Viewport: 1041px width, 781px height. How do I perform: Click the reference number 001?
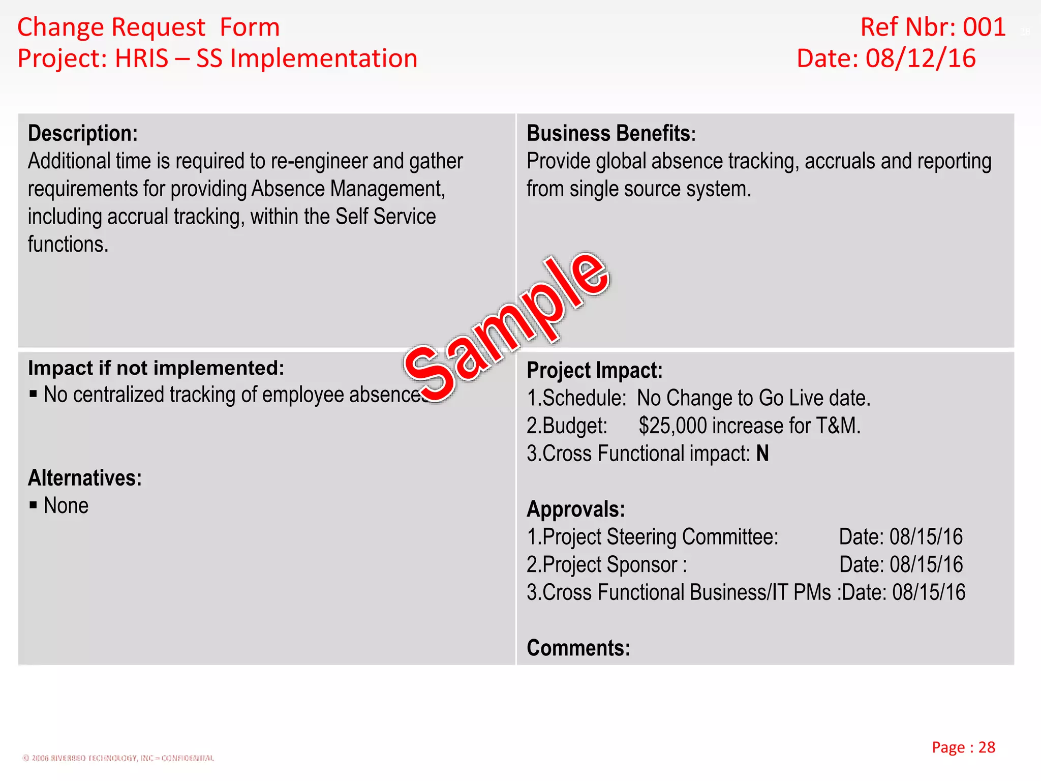[984, 27]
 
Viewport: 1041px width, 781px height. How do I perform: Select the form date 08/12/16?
[921, 59]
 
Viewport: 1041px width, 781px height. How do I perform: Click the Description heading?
[83, 134]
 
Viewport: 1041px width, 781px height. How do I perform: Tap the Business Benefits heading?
[610, 134]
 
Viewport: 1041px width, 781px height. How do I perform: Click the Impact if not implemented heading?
[156, 368]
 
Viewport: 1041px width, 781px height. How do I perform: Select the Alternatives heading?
[85, 478]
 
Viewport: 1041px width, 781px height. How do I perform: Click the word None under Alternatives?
[66, 506]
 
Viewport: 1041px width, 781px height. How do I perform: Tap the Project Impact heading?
[595, 371]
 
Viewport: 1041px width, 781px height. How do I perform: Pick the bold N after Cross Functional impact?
[762, 454]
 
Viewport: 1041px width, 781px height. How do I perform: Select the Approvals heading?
[576, 509]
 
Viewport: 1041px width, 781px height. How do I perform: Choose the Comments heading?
[578, 648]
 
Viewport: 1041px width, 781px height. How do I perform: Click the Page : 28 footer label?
[963, 747]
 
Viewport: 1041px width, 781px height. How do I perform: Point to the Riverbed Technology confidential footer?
[118, 758]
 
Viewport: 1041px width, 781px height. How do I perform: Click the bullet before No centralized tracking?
[34, 394]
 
